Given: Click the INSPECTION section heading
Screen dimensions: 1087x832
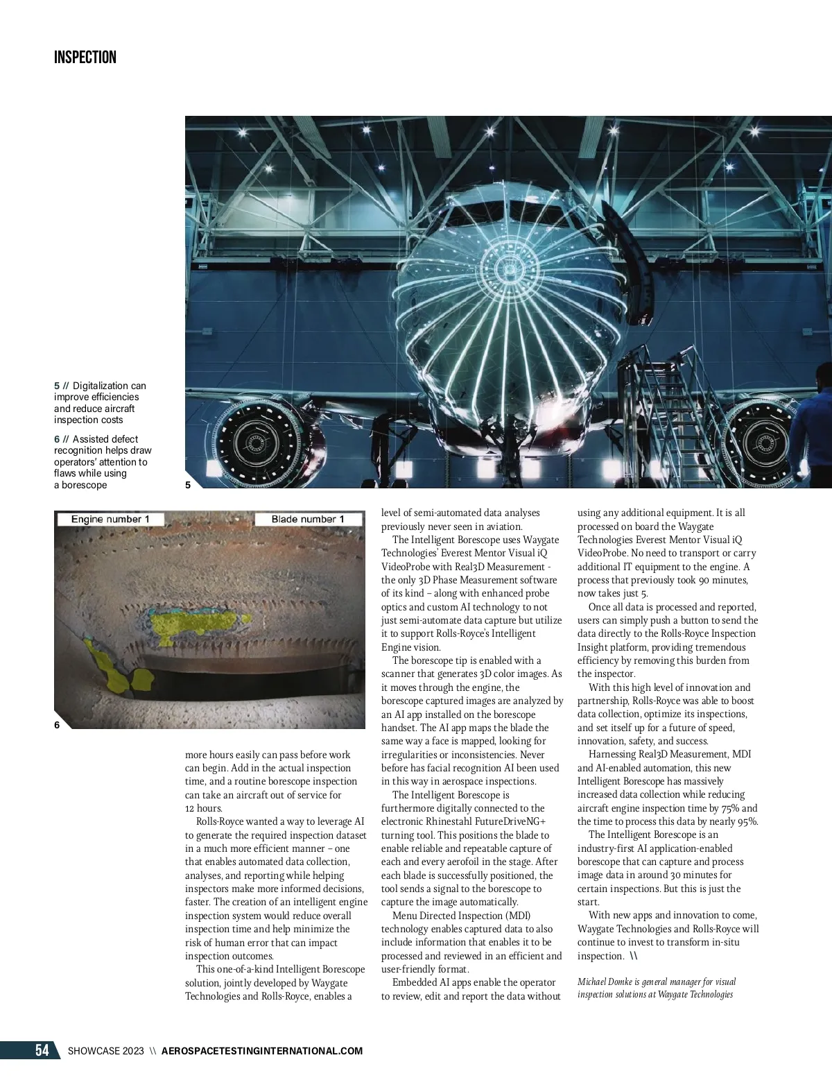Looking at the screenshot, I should coord(85,58).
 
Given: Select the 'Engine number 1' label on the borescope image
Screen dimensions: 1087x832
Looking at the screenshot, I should coord(110,520).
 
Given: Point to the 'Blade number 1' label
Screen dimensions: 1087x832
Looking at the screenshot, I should coord(308,520).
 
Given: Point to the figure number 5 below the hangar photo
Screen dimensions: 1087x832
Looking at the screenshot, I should coord(189,486).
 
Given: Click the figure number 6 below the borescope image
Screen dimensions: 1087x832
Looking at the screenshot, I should coord(57,725).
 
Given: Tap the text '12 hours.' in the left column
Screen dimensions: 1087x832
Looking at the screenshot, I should coord(204,809).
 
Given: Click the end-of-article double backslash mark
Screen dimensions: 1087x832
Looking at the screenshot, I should coord(634,957).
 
